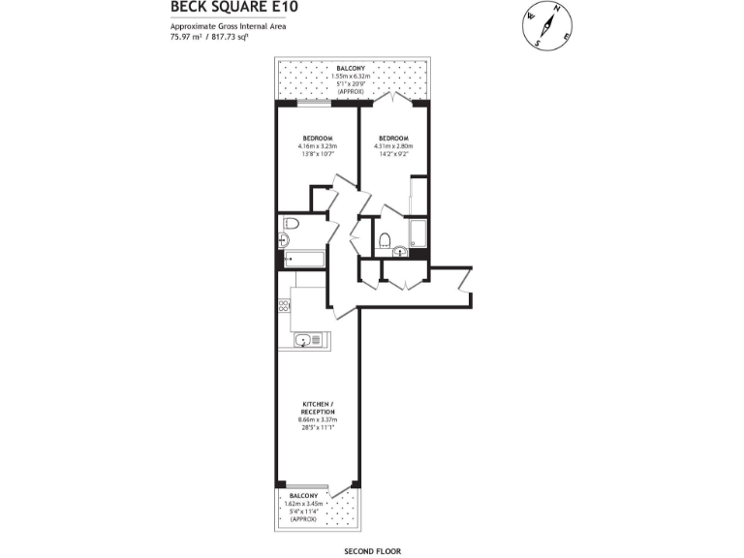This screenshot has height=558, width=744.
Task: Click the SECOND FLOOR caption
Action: [372, 550]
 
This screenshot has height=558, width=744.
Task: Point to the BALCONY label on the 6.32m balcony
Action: [351, 69]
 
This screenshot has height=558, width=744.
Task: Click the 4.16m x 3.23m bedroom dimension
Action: [318, 146]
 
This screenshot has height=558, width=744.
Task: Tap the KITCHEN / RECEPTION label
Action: [317, 407]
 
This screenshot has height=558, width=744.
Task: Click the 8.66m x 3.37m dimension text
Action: [317, 419]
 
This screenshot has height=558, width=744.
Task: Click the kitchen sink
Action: [304, 340]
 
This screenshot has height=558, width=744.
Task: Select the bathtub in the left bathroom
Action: [303, 259]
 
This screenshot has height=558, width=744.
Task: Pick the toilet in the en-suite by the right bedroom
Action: [385, 239]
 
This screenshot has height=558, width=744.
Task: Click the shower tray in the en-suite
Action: [418, 233]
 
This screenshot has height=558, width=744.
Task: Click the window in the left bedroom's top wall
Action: [316, 103]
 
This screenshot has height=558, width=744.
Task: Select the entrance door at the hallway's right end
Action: [466, 281]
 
